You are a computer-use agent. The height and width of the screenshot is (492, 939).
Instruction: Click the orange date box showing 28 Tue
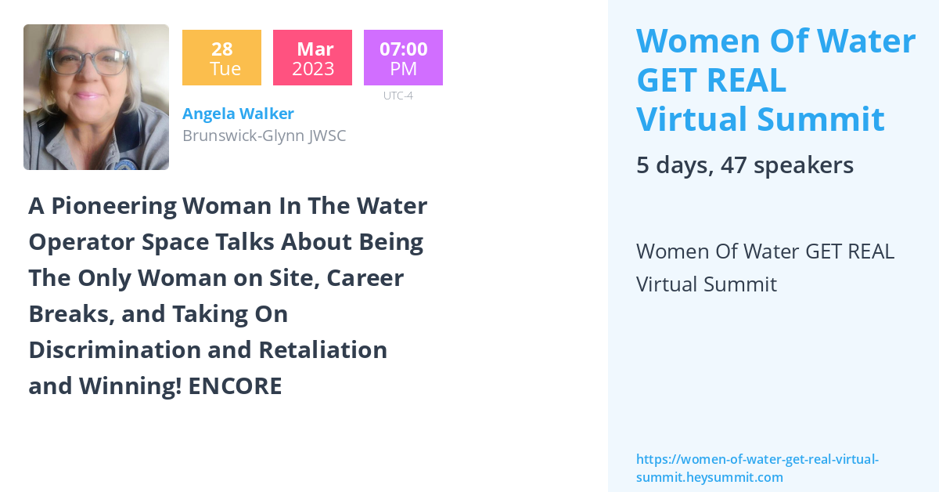tap(221, 58)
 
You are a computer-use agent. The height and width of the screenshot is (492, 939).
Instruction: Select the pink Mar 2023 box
tap(312, 58)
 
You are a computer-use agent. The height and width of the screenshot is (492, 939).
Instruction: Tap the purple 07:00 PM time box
tap(403, 58)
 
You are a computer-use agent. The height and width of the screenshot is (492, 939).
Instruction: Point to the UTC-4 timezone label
tap(398, 96)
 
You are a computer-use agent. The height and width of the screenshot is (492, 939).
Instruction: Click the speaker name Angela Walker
tap(238, 114)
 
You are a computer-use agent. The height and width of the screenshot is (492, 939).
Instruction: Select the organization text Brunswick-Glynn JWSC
tap(264, 136)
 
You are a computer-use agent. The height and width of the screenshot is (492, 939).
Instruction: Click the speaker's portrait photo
tap(96, 97)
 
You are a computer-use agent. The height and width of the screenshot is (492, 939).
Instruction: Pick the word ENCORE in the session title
tap(243, 386)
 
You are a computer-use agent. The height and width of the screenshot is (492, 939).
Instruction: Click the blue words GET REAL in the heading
tap(711, 80)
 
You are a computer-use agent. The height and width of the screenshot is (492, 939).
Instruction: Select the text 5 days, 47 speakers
tap(744, 165)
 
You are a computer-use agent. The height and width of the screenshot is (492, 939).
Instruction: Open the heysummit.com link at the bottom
tap(757, 468)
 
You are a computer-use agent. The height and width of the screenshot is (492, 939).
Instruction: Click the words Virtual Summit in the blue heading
tap(760, 119)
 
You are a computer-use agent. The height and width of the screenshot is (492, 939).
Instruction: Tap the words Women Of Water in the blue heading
tap(775, 41)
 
